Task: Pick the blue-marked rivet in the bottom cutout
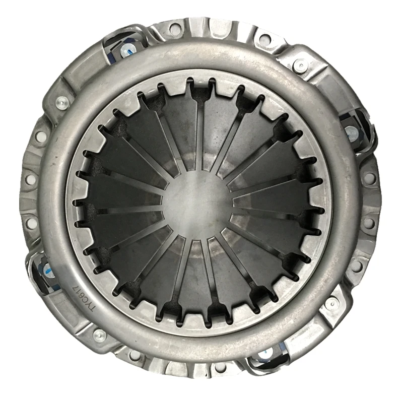coord(263,359)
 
